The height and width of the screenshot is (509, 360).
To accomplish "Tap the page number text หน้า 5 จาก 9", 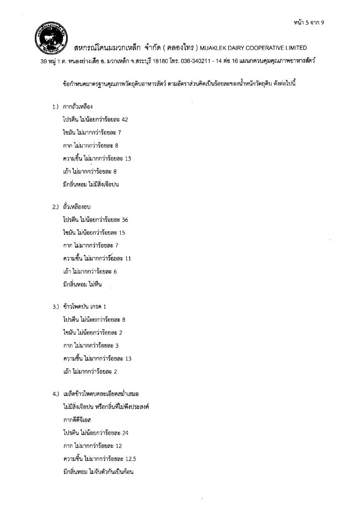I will (308, 22).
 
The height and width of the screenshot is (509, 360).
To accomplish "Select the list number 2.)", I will (55, 207).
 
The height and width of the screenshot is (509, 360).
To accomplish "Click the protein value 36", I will (125, 220).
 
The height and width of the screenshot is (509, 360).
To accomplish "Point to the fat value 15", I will (122, 233).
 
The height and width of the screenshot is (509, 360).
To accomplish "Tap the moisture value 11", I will (128, 259).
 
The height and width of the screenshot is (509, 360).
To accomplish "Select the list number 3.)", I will (55, 306).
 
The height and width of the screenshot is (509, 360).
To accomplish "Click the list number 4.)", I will (55, 394).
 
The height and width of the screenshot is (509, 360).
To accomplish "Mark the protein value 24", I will (125, 433).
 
